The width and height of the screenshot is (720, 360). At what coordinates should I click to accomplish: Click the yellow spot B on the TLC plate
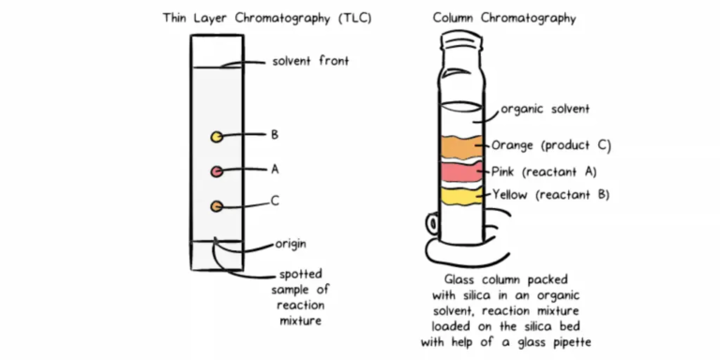pos(217,138)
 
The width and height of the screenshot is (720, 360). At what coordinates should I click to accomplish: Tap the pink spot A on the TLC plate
pos(217,172)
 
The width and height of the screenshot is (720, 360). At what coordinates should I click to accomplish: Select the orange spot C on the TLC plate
pos(217,205)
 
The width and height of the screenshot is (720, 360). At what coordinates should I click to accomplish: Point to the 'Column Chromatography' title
pos(504,18)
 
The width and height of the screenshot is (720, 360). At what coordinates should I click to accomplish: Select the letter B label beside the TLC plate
pos(274,135)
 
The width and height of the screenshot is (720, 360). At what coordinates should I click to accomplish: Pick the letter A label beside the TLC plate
pos(274,170)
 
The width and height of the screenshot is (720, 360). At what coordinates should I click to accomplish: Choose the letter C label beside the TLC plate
pos(274,201)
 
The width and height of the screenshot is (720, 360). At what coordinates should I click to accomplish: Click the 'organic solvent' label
pos(545,109)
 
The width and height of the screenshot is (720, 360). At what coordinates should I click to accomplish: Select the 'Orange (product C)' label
pos(551,145)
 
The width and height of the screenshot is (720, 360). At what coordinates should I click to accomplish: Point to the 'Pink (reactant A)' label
pos(544,172)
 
